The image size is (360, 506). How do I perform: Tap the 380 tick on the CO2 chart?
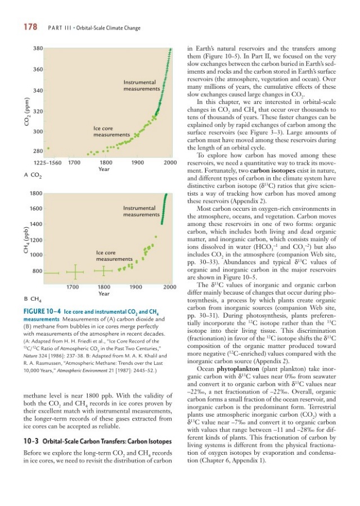pos(39,49)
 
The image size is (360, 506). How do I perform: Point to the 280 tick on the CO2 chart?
pos(39,152)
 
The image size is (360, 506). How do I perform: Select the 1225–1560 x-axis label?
pos(48,162)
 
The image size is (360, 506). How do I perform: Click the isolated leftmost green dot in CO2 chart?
pos(48,148)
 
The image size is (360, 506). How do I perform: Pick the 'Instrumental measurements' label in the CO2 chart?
pos(142,86)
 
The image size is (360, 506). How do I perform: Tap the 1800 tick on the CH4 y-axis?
pos(37,193)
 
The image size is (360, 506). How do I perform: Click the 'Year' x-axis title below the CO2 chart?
pos(103,169)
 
